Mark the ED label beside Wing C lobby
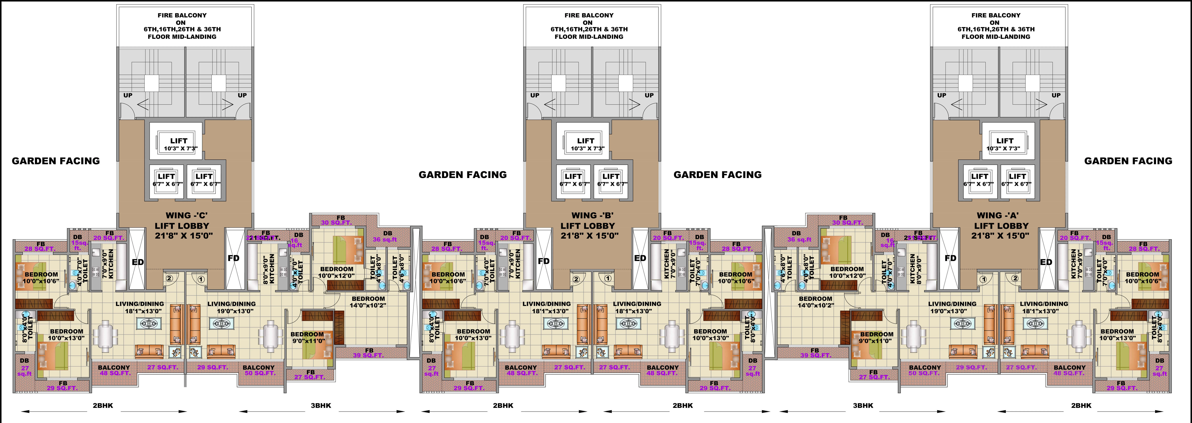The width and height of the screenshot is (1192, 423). (138, 262)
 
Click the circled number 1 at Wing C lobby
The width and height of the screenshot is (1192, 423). (201, 279)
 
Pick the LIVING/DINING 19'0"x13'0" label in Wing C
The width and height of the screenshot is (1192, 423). (231, 307)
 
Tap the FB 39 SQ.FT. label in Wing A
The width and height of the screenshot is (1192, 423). (814, 353)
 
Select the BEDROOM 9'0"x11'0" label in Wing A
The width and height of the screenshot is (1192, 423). (876, 337)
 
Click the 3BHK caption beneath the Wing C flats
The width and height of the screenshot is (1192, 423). (321, 405)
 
